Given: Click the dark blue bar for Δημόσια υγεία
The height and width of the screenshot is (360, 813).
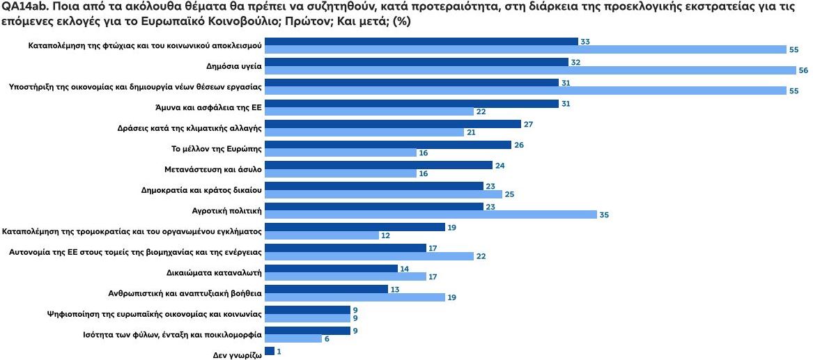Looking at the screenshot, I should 417,62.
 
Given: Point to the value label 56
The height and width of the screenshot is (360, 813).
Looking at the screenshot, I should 803,70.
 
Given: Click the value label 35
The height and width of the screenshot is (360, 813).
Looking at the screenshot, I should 604,215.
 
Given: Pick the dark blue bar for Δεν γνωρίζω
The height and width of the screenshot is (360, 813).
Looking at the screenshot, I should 270,352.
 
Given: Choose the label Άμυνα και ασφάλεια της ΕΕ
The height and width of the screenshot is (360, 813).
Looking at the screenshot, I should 208,107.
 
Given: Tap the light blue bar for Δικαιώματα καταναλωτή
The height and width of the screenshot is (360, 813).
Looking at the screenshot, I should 346,276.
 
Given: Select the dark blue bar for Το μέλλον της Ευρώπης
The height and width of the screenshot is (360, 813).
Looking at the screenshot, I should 388,145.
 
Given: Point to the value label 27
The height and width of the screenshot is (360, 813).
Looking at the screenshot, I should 528,124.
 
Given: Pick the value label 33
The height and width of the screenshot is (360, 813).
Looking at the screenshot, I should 585,42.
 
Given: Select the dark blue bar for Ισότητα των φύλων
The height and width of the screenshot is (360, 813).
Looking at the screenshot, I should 307,331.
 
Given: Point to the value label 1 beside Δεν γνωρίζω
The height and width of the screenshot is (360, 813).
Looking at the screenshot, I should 279,352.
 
